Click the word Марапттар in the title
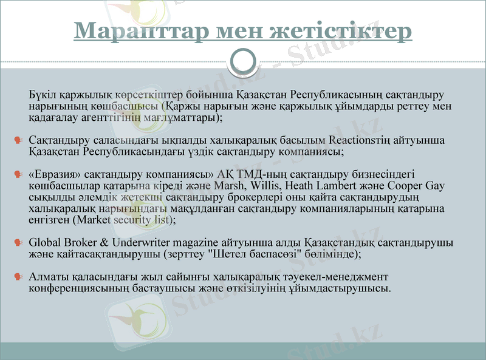click(127, 30)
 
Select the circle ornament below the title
click(243, 61)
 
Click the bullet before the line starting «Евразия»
click(19, 175)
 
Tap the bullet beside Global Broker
click(19, 243)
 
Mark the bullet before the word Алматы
click(19, 277)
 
